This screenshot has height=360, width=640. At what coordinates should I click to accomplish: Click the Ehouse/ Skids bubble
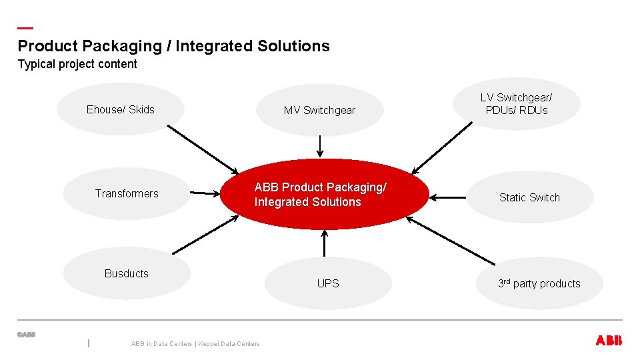pyautogui.click(x=120, y=109)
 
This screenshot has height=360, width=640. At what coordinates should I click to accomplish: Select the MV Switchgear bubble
pyautogui.click(x=319, y=110)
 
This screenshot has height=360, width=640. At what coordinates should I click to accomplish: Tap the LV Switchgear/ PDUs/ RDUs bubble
pyautogui.click(x=517, y=104)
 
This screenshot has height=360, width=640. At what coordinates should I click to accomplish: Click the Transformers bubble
pyautogui.click(x=127, y=193)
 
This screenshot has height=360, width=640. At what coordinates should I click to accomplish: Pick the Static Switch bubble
pyautogui.click(x=529, y=197)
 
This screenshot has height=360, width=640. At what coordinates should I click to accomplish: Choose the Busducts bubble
pyautogui.click(x=127, y=273)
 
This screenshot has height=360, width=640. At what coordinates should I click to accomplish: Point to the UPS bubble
pyautogui.click(x=327, y=283)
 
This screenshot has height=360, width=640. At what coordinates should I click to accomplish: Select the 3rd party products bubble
pyautogui.click(x=539, y=283)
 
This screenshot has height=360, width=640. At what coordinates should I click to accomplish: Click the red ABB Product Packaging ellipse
pyautogui.click(x=325, y=195)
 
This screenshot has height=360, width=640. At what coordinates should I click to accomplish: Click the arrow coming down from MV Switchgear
pyautogui.click(x=319, y=145)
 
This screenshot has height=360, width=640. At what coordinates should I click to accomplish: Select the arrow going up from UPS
pyautogui.click(x=325, y=243)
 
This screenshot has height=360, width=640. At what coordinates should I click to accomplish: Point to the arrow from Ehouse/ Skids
pyautogui.click(x=202, y=149)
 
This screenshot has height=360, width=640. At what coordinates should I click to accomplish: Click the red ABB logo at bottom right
pyautogui.click(x=608, y=341)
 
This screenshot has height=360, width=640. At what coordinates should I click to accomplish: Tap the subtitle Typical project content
pyautogui.click(x=77, y=64)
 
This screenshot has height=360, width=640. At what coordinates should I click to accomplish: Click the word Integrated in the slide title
pyautogui.click(x=218, y=46)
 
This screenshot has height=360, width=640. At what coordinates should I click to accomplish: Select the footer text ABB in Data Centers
pyautogui.click(x=161, y=344)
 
